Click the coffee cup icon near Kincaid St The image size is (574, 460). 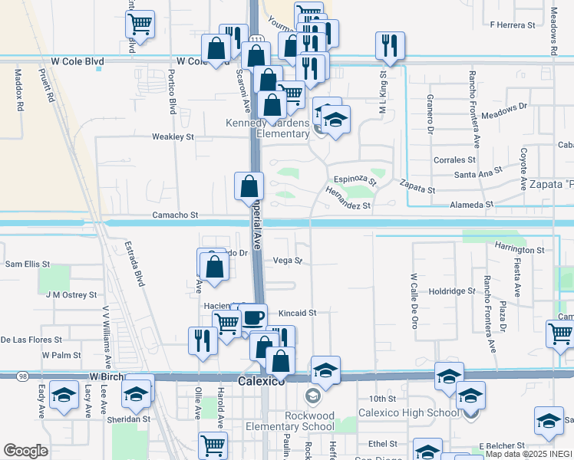pyautogui.click(x=253, y=317)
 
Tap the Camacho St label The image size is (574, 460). pyautogui.click(x=176, y=216)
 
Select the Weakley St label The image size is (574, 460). pyautogui.click(x=173, y=136)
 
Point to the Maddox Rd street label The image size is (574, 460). pyautogui.click(x=19, y=90)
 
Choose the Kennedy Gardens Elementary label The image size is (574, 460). pyautogui.click(x=266, y=128)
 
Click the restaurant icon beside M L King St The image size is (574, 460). pyautogui.click(x=390, y=45)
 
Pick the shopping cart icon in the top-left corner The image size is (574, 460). pyautogui.click(x=140, y=24)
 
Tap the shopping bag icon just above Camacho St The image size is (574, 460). pyautogui.click(x=249, y=185)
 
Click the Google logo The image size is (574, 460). pyautogui.click(x=25, y=451)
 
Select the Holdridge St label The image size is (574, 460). pyautogui.click(x=452, y=291)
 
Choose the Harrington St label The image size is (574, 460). pyautogui.click(x=519, y=250)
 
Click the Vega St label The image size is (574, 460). pyautogui.click(x=288, y=261)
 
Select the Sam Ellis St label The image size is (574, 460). pyautogui.click(x=27, y=264)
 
